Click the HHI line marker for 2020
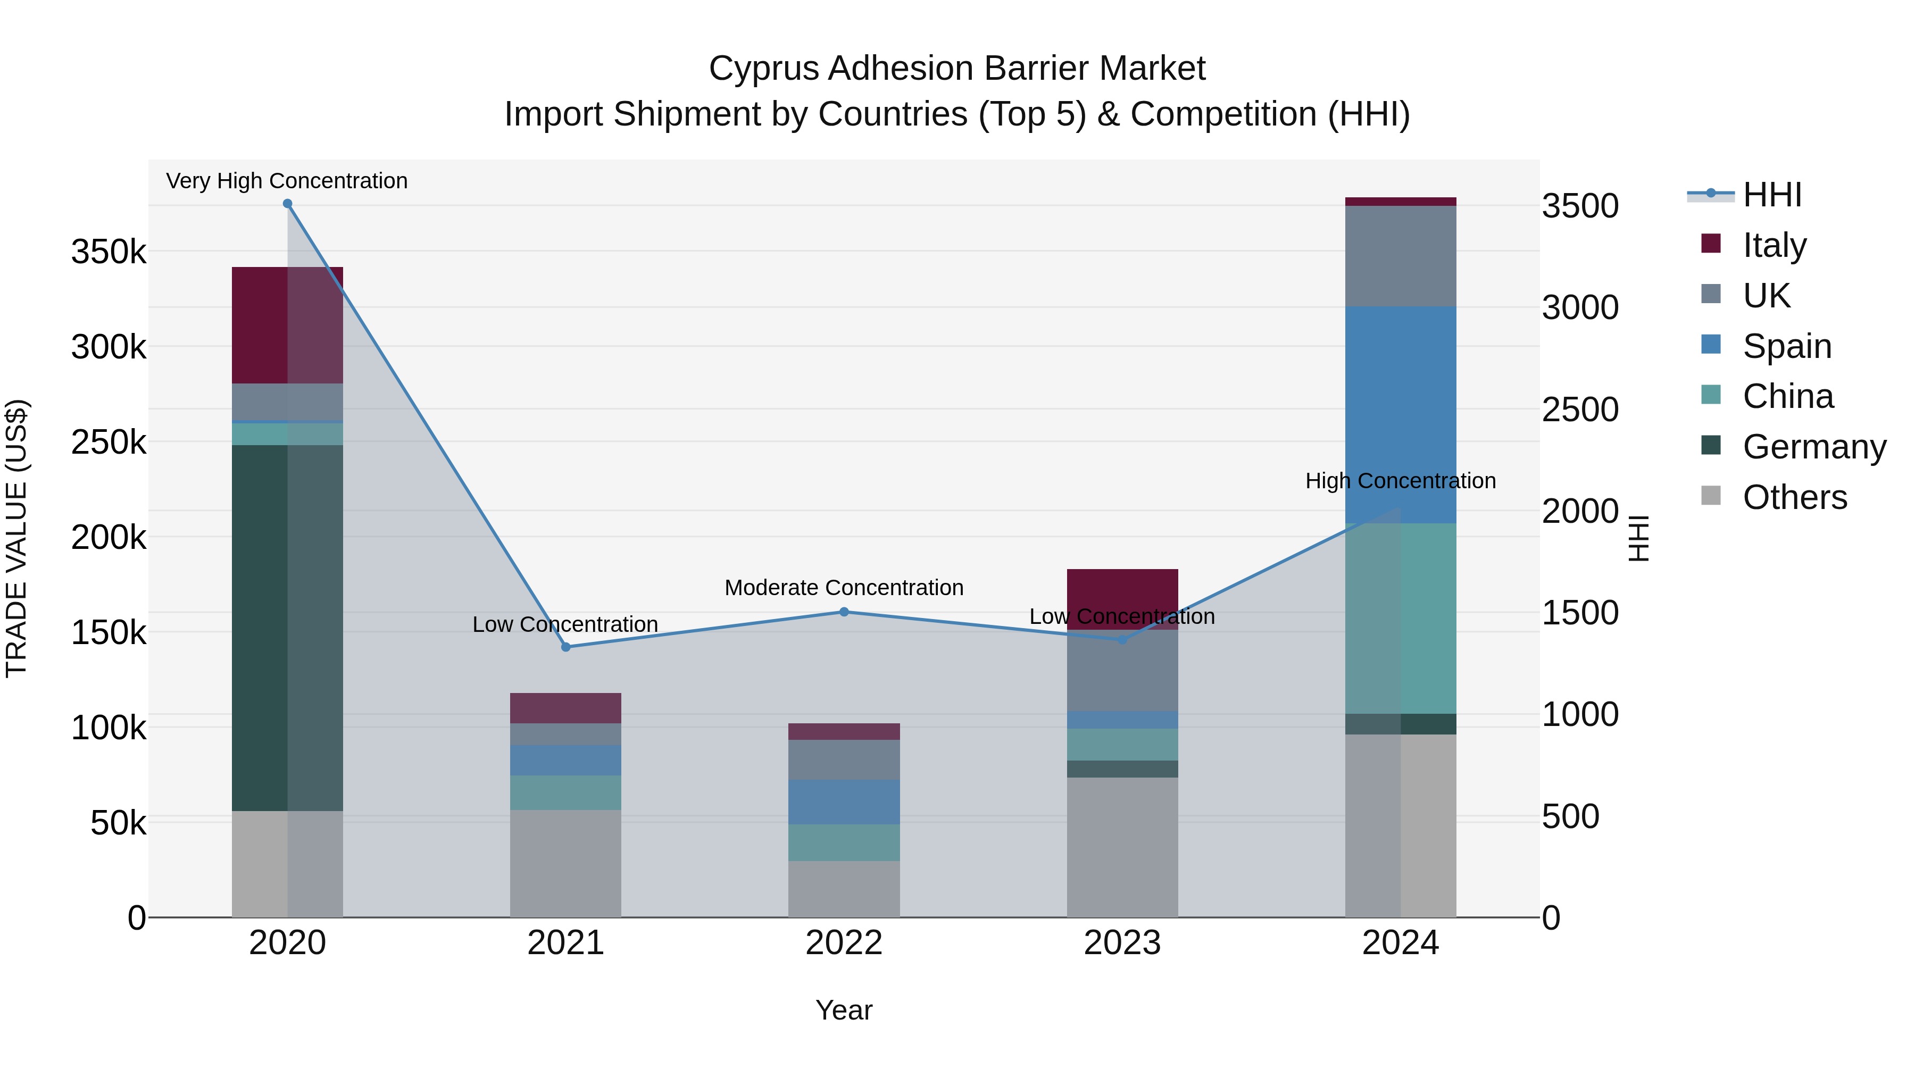(x=288, y=204)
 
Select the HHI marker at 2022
(x=844, y=612)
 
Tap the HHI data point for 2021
(x=566, y=647)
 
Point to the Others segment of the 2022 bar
(x=844, y=888)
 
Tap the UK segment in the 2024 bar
(x=1401, y=256)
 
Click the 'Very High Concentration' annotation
(x=287, y=181)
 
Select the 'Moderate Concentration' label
(x=844, y=587)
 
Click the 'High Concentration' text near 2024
(x=1401, y=481)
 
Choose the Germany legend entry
(x=1814, y=447)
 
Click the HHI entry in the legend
(x=1772, y=195)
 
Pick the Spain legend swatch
(x=1711, y=345)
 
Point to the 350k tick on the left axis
(x=109, y=252)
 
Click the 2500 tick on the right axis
(x=1580, y=410)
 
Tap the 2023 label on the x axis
(x=1122, y=943)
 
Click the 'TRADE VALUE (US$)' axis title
(x=16, y=538)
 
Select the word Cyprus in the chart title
(x=763, y=69)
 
